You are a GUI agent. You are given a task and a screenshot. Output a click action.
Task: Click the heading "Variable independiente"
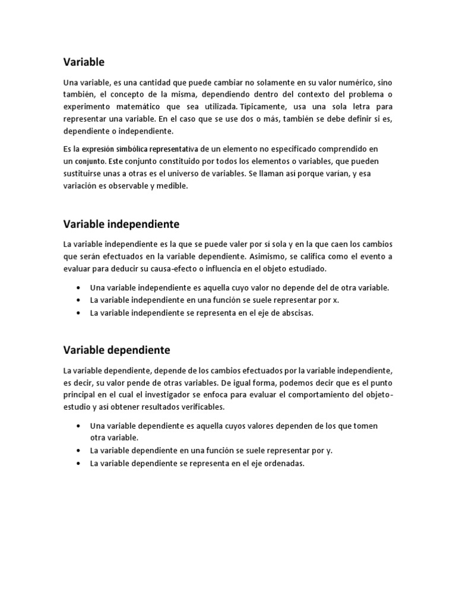point(121,224)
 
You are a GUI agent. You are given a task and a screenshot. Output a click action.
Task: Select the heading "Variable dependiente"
point(117,350)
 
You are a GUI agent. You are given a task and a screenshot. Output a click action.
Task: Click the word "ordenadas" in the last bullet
point(284,464)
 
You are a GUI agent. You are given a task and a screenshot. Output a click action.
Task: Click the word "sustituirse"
point(84,173)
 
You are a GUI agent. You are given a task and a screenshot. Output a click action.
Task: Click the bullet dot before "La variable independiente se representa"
point(79,313)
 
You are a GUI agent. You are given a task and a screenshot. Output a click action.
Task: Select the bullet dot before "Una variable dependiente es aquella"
point(79,426)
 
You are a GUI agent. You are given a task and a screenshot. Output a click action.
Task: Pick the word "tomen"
point(367,426)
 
